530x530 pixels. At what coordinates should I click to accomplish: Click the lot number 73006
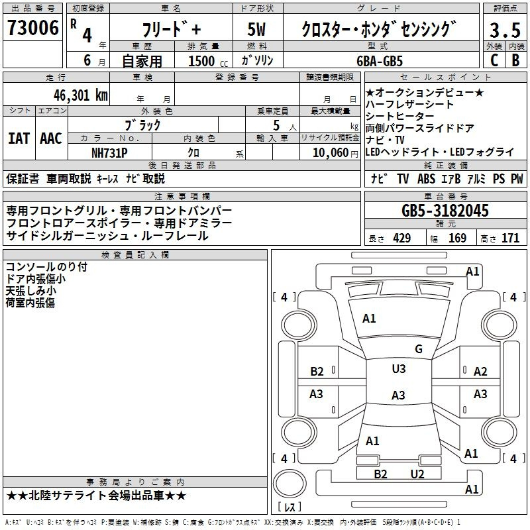point(33,28)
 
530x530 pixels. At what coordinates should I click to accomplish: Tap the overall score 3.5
point(505,30)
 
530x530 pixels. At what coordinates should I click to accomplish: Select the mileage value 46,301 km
point(81,95)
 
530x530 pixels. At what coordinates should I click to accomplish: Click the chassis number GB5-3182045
point(445,211)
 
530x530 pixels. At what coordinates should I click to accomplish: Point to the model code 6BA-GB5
point(380,61)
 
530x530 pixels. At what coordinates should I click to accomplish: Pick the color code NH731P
point(109,153)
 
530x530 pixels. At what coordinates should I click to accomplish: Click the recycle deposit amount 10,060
point(331,153)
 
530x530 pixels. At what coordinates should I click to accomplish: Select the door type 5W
point(256,29)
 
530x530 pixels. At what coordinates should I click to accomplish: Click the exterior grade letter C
point(494,60)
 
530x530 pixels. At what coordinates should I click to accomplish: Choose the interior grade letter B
point(515,60)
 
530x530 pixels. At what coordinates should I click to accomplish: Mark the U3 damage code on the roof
point(399,369)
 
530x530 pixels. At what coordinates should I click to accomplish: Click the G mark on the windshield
point(419,349)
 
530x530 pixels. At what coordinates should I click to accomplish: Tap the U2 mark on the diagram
point(417,474)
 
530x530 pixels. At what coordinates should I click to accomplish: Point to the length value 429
point(402,238)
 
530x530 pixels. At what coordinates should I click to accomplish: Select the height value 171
point(510,238)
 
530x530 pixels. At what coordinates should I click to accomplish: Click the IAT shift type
point(19,138)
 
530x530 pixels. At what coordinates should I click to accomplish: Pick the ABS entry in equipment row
point(426,179)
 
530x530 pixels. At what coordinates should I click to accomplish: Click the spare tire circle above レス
point(290,484)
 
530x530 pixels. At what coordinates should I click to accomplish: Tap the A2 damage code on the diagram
point(480,372)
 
